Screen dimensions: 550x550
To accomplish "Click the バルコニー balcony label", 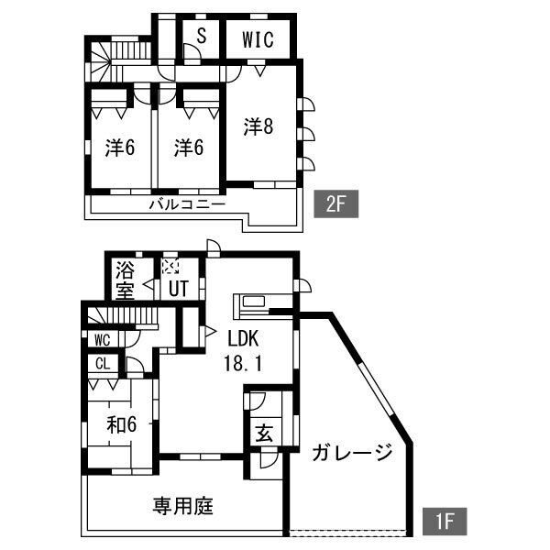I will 187,204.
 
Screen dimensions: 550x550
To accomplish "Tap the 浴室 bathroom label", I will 126,280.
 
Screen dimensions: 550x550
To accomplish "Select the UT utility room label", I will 178,289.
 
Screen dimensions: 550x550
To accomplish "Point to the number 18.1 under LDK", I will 243,362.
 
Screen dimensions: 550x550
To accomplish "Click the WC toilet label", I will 102,338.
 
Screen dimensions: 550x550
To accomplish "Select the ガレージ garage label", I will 351,453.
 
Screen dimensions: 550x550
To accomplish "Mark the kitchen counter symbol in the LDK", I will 262,302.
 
